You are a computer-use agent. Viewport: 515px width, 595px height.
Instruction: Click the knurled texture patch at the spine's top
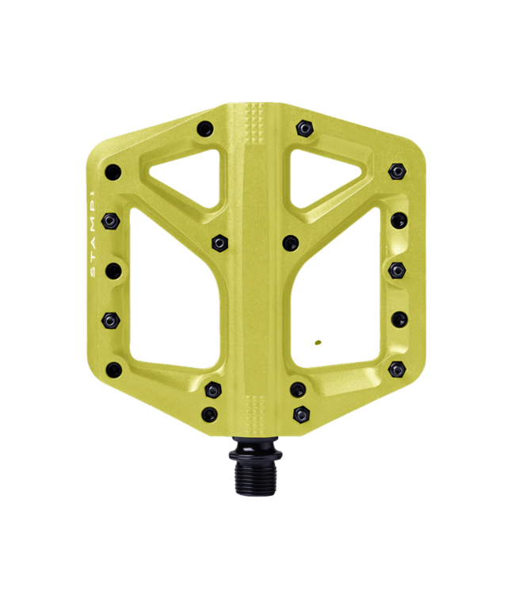pos(255,122)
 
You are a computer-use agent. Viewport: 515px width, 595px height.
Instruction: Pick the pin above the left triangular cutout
pos(206,128)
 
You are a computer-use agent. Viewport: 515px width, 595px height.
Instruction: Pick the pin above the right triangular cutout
pos(303,128)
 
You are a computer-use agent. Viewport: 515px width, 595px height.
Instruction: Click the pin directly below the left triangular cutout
pos(219,240)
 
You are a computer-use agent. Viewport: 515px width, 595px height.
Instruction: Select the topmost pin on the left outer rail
pos(114,171)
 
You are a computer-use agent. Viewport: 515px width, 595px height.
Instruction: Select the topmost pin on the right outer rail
pos(396,171)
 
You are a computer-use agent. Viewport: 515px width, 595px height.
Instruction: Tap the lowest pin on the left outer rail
pos(114,369)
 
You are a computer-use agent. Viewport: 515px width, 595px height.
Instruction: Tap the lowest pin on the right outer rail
pos(396,369)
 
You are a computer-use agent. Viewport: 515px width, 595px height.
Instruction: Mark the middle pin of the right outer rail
pos(396,270)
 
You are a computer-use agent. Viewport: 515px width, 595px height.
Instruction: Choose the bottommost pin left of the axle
pos(209,413)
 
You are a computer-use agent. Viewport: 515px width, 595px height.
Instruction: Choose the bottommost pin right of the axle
pos(300,413)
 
